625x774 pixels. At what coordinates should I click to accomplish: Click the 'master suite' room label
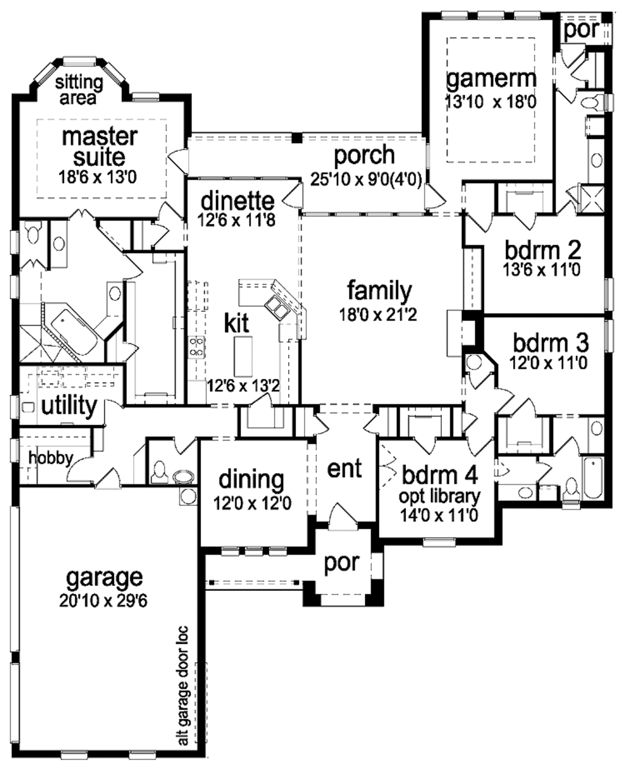pyautogui.click(x=100, y=146)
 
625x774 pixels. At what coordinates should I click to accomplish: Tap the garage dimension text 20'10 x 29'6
pyautogui.click(x=104, y=601)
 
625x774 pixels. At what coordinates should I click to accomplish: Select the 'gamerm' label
pyautogui.click(x=491, y=79)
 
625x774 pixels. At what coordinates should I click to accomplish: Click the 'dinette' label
pyautogui.click(x=237, y=200)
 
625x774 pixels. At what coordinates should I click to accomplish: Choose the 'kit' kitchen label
pyautogui.click(x=236, y=323)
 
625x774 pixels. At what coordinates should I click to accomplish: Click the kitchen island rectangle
pyautogui.click(x=243, y=356)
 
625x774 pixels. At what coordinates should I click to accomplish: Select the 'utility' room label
pyautogui.click(x=69, y=405)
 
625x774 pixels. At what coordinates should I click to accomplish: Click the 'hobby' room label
pyautogui.click(x=51, y=458)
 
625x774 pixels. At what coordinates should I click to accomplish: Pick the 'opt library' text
pyautogui.click(x=439, y=496)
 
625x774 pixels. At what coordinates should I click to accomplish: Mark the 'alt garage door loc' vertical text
pyautogui.click(x=183, y=685)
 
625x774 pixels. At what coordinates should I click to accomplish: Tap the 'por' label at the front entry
pyautogui.click(x=342, y=563)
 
